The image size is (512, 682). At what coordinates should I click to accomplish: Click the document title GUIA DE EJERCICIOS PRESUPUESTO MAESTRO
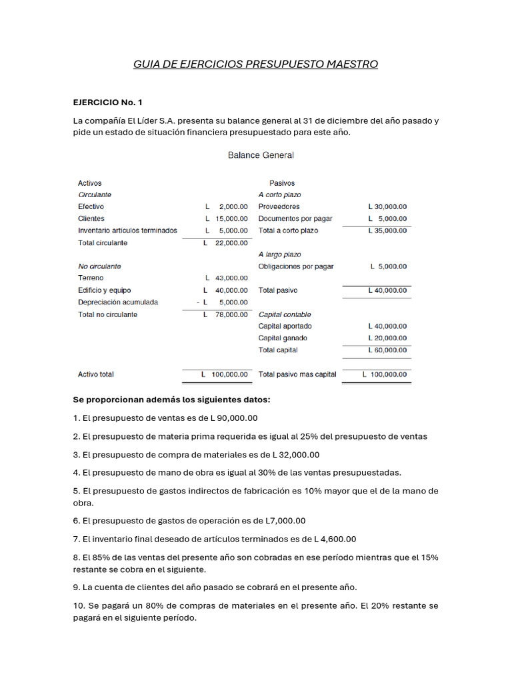click(256, 65)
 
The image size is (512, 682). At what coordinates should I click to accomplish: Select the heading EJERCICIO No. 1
click(107, 103)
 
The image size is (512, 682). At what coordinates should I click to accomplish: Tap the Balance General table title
click(261, 155)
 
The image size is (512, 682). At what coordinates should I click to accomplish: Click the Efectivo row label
click(91, 206)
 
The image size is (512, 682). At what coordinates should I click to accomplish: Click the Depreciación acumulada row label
click(118, 302)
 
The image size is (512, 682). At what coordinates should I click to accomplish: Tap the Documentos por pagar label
click(295, 218)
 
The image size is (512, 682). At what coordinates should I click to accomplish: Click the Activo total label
click(96, 374)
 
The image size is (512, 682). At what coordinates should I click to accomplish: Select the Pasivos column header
click(282, 182)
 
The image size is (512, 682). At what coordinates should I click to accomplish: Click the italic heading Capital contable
click(285, 314)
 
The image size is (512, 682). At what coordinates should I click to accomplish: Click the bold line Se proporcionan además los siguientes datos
click(172, 400)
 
